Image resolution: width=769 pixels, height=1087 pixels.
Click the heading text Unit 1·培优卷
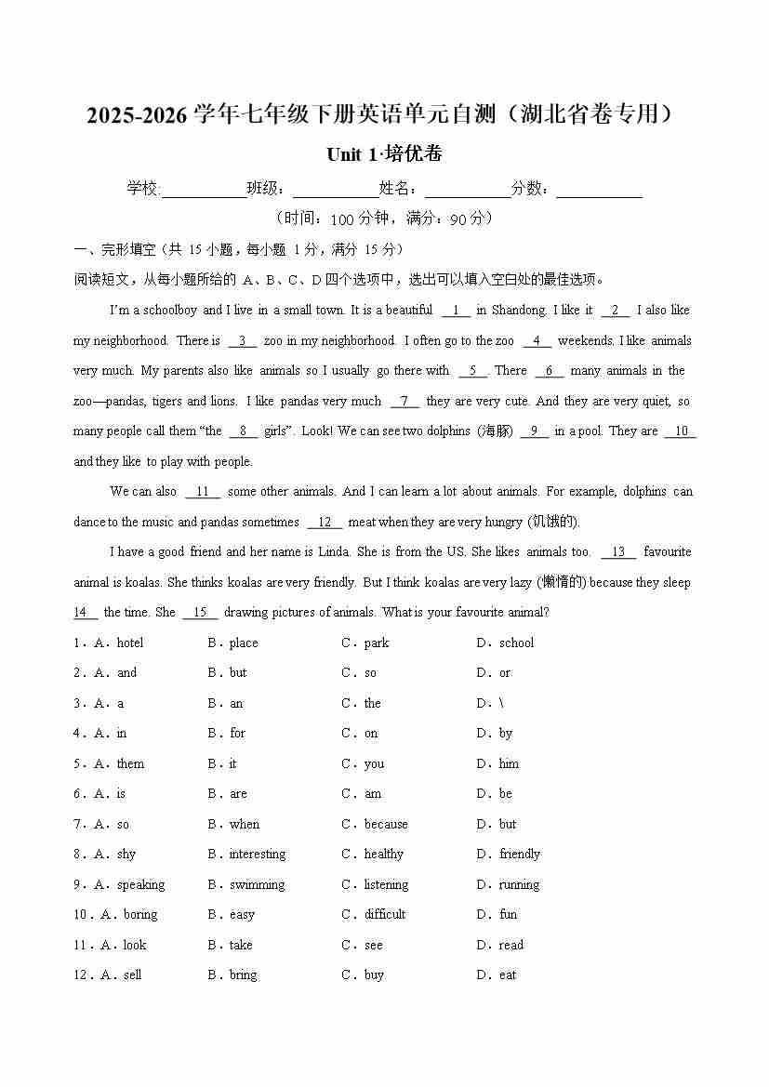(384, 154)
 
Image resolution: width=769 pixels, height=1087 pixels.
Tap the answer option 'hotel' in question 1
(130, 643)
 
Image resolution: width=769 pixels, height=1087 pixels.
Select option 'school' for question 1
(516, 643)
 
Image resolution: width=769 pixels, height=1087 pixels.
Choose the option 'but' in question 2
(238, 673)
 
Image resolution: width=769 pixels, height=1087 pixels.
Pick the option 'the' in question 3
(373, 703)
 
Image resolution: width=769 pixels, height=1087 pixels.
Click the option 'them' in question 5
(130, 763)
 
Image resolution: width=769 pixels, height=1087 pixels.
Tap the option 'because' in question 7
(386, 824)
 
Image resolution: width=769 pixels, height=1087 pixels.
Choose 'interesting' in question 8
(258, 855)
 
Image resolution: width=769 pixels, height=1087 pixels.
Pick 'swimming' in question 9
(258, 884)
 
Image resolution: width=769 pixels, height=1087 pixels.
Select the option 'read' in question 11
(511, 945)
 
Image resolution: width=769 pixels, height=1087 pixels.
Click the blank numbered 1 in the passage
(456, 311)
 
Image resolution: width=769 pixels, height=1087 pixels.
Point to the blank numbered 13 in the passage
(618, 552)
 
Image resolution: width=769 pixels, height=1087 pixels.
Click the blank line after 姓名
(468, 190)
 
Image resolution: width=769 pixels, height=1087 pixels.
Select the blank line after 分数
(599, 190)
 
